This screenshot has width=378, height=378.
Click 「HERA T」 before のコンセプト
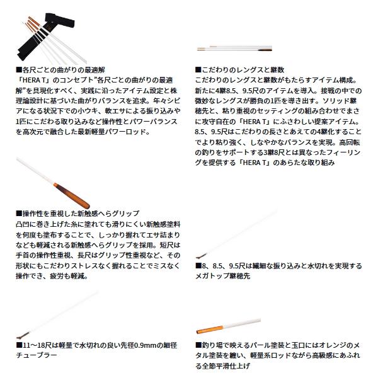(29, 81)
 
